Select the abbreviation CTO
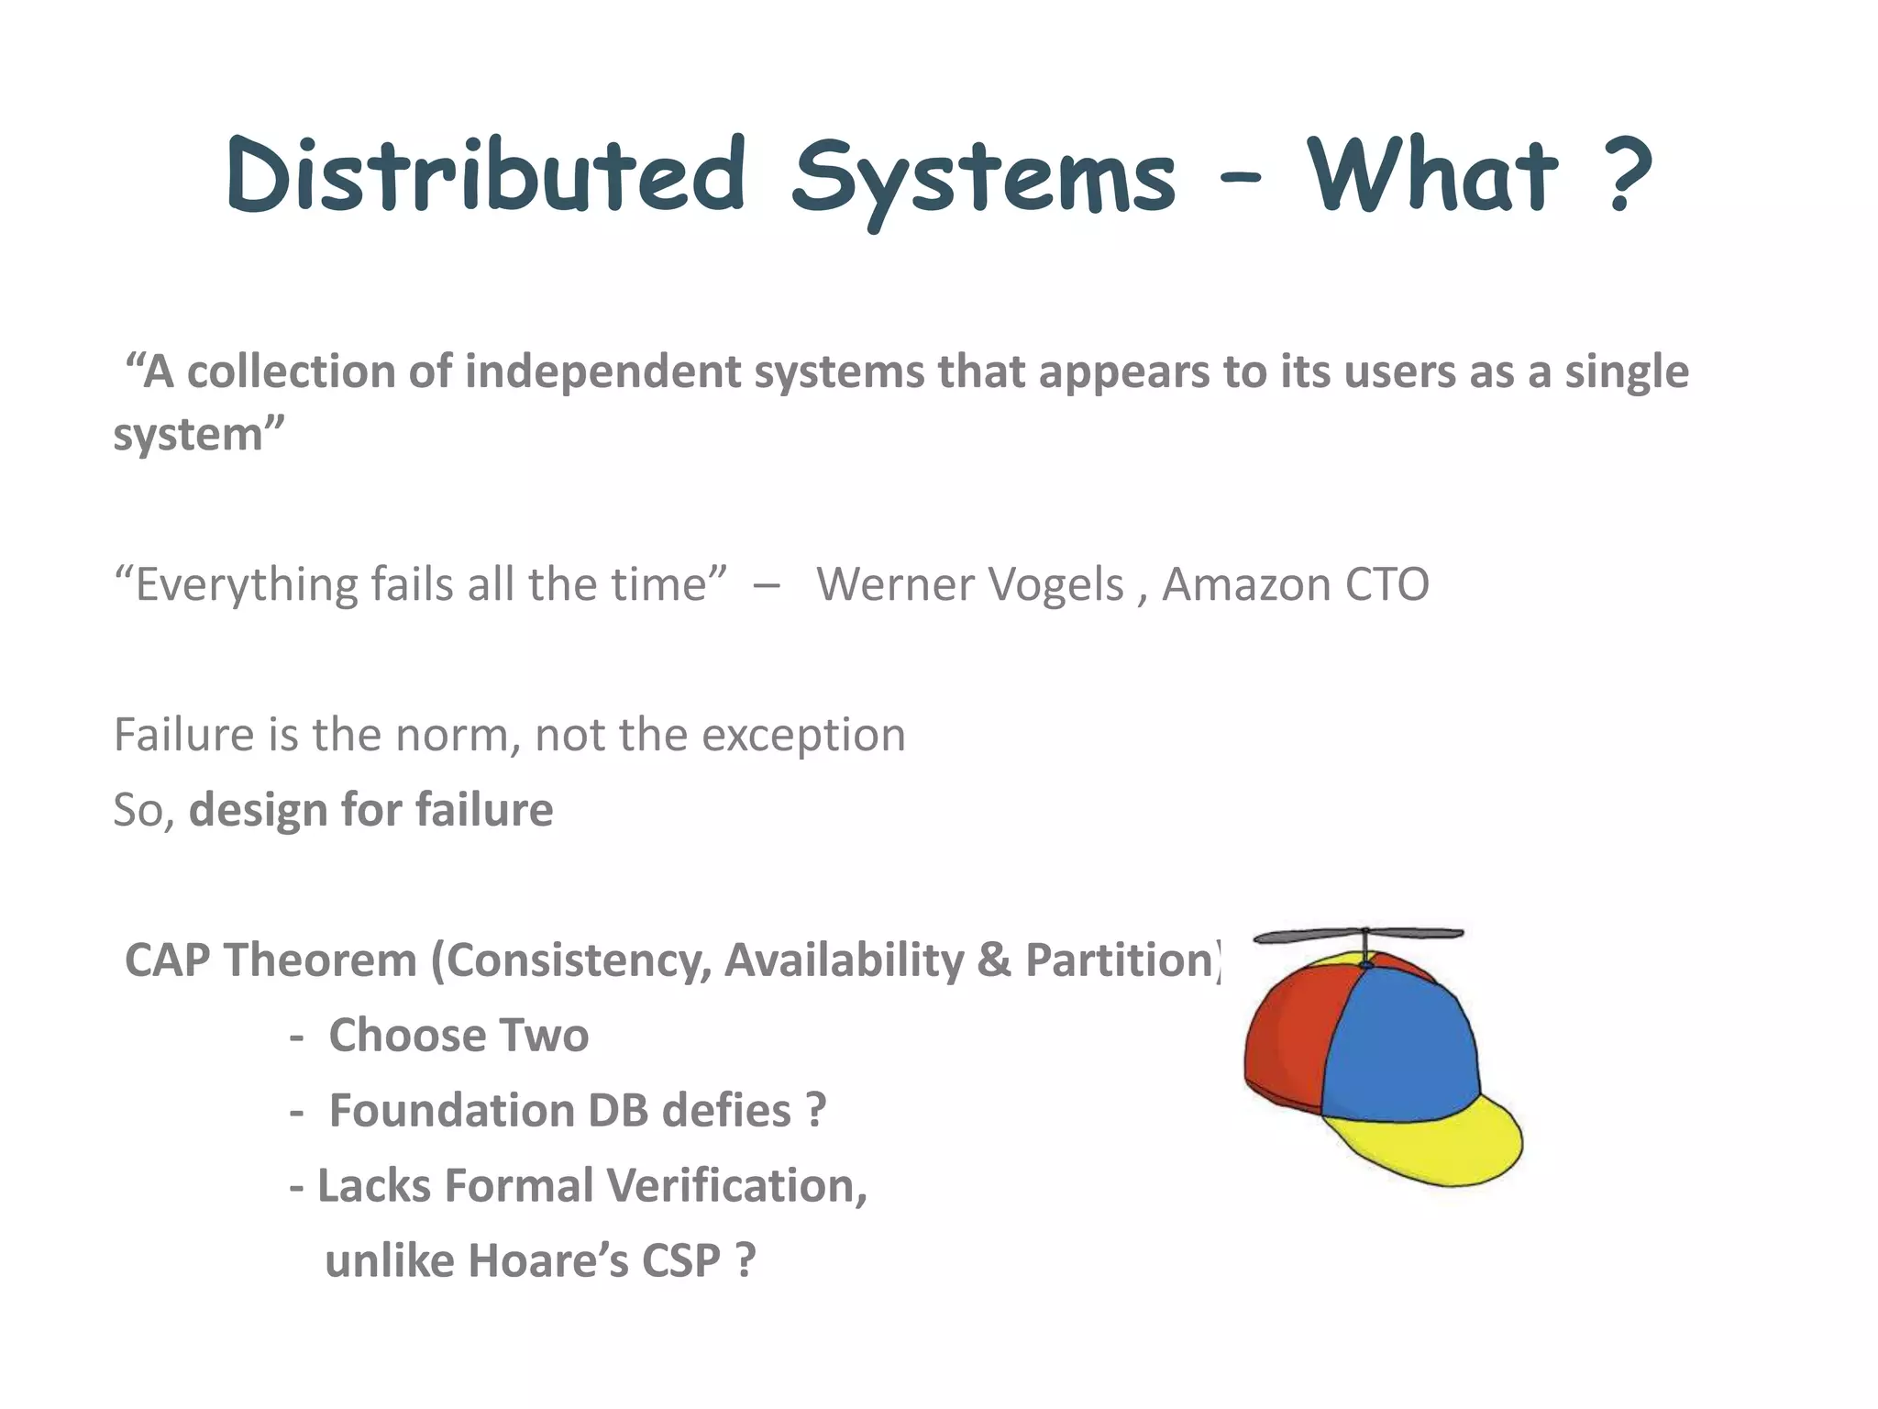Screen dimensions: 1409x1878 (1386, 584)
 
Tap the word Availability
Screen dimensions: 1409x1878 (844, 960)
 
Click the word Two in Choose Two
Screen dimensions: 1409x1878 (545, 1036)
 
